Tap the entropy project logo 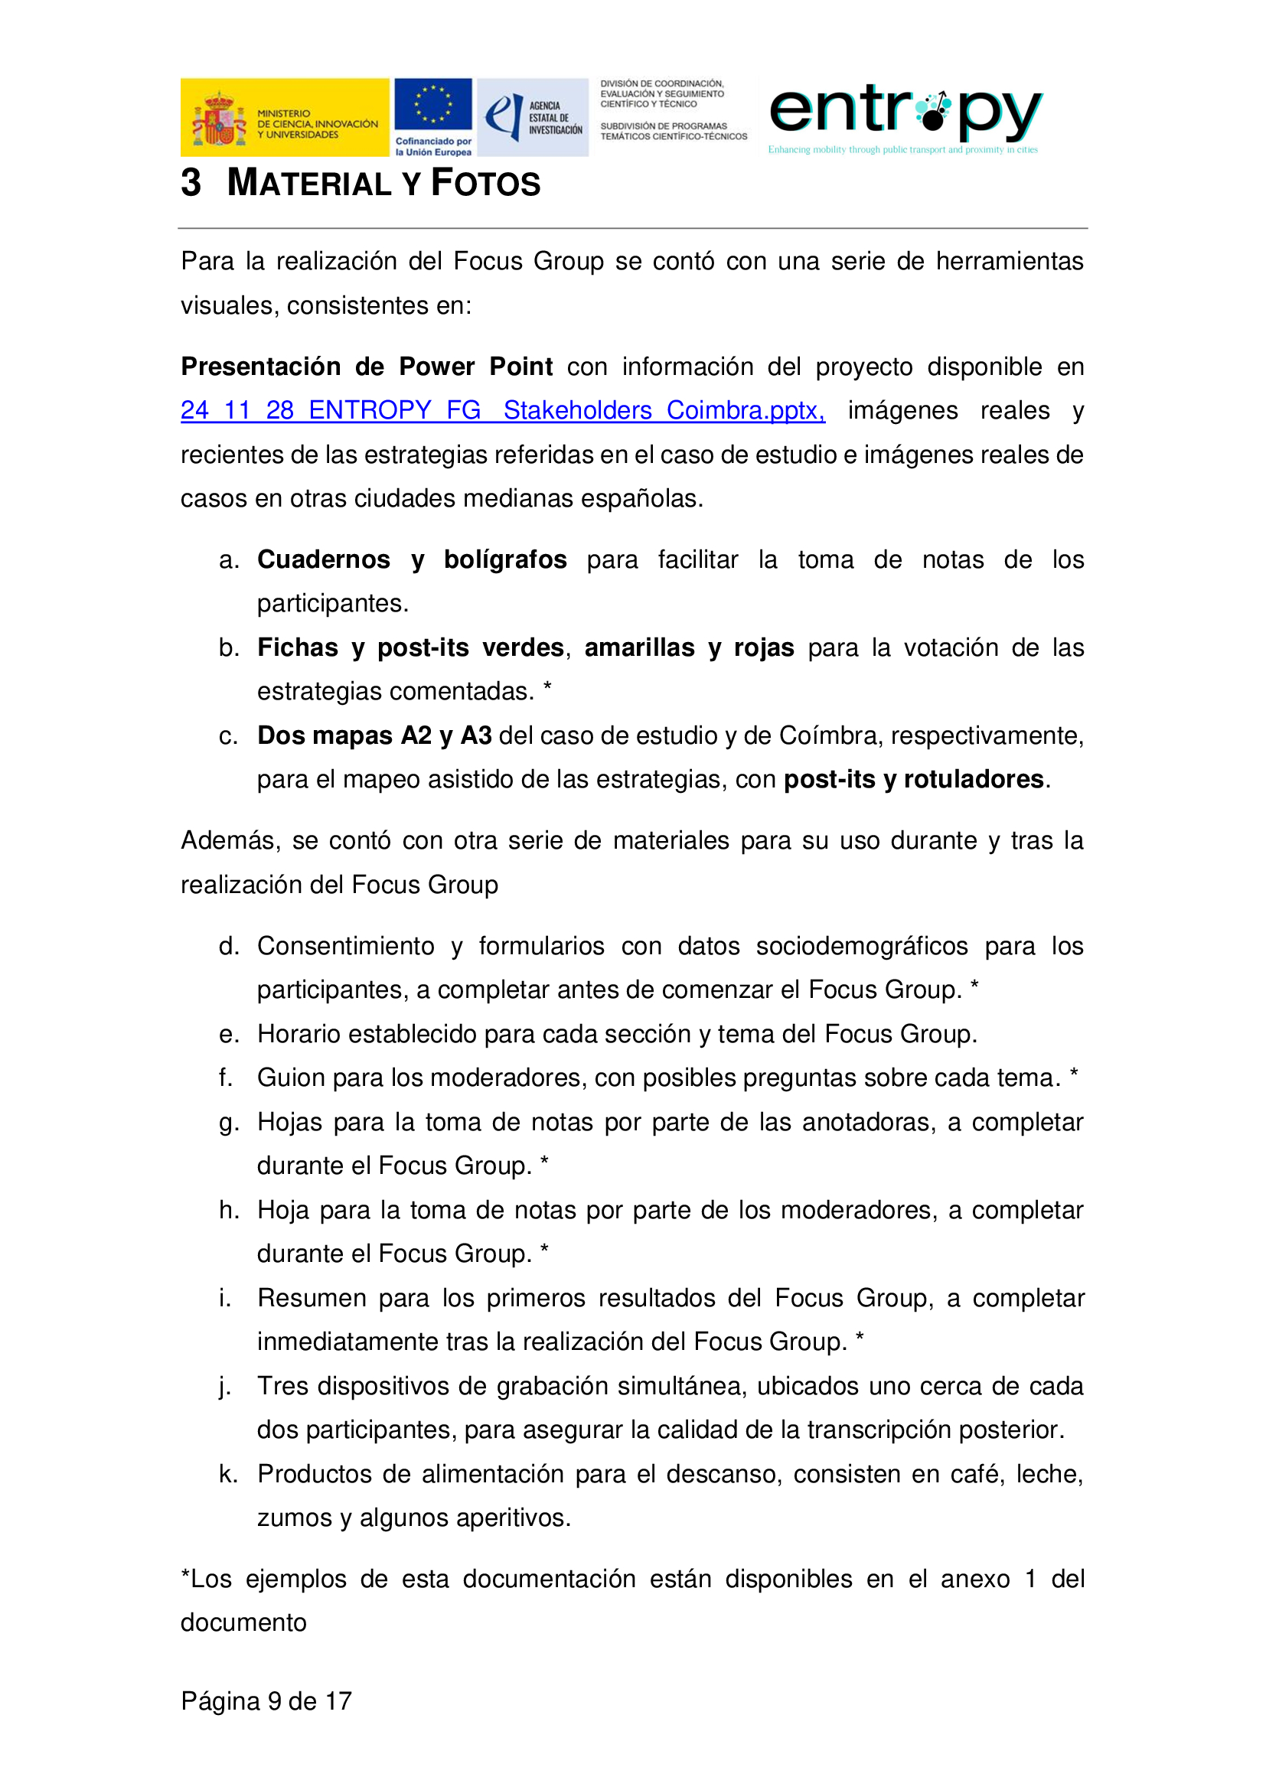[904, 117]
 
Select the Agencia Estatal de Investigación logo [533, 118]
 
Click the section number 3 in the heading [191, 183]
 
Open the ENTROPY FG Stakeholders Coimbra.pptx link [502, 411]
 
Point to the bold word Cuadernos [324, 559]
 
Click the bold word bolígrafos [505, 559]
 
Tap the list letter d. [227, 947]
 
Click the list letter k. [227, 1474]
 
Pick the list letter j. [226, 1387]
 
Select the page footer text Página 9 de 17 [266, 1700]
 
